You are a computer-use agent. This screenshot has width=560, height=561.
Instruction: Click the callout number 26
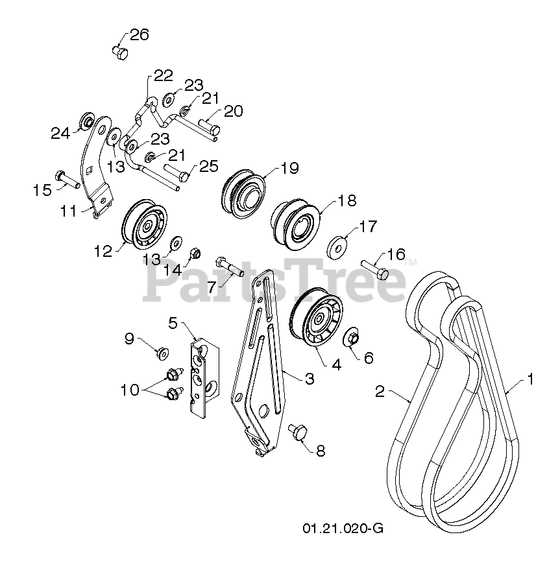click(140, 34)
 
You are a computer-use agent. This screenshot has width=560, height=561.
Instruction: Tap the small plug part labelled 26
click(119, 51)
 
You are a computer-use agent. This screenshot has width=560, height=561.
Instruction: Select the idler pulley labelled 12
click(144, 228)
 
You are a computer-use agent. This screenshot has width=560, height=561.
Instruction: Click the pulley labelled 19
click(243, 191)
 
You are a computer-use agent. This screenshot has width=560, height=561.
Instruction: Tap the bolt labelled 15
click(66, 179)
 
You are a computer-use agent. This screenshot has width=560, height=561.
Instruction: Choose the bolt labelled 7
click(226, 265)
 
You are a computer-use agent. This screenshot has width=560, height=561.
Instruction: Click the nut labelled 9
click(161, 353)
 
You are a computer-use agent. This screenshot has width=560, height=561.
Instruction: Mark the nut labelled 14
click(194, 255)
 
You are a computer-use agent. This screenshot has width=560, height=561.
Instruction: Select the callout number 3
click(310, 378)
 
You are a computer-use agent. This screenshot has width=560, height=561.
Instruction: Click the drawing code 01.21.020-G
click(343, 528)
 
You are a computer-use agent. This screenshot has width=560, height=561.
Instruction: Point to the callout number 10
click(130, 390)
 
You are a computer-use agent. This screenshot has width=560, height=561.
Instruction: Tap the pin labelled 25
click(177, 174)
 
